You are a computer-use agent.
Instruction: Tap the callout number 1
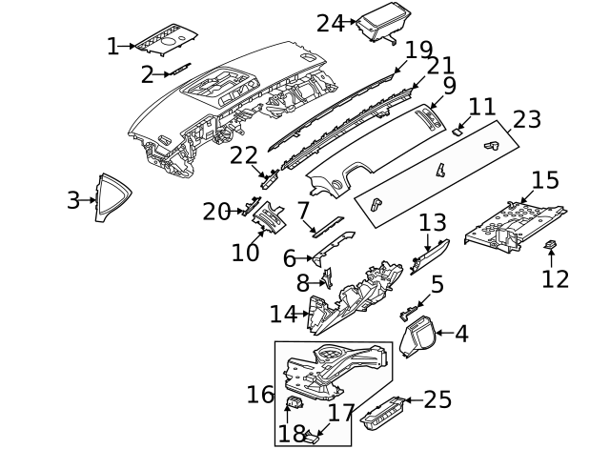(112, 46)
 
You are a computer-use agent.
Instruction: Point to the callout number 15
(545, 180)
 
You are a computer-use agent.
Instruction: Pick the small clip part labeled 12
(551, 248)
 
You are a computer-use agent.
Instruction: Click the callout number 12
(555, 278)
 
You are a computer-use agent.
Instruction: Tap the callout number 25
(437, 399)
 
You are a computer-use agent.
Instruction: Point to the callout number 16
(260, 394)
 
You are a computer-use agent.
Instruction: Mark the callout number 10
(245, 252)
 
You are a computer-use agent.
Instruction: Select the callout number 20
(216, 212)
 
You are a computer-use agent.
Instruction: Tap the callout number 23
(527, 120)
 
